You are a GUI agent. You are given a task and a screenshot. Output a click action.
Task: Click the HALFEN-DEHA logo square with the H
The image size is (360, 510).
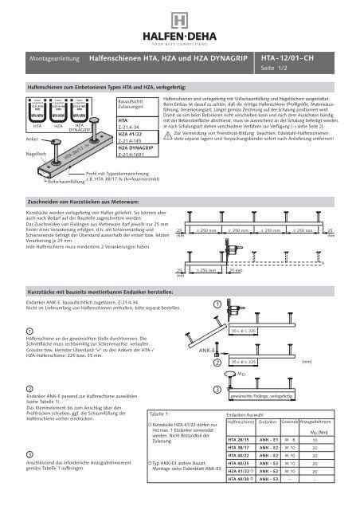[x=180, y=18]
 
